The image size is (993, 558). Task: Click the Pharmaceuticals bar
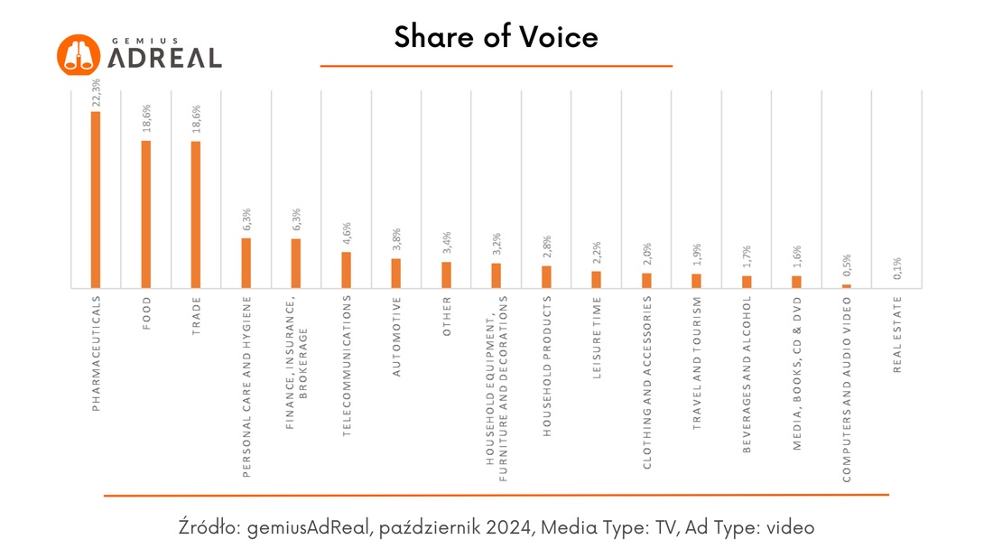pos(96,200)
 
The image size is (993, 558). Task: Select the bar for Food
pos(145,215)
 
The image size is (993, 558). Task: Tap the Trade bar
pos(196,215)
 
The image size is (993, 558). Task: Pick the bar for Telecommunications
pos(347,271)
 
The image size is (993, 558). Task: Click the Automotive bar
pos(395,274)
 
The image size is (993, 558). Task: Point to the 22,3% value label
pos(96,92)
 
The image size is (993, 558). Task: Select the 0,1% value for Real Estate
pos(897,268)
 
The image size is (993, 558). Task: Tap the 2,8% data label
pos(547,247)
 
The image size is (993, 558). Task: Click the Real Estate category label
pos(897,334)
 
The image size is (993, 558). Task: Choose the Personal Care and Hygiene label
pos(246,386)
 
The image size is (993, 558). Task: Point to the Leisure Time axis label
pos(597,338)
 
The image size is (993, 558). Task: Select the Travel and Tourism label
pos(697,363)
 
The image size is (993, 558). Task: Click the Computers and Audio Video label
pos(847,389)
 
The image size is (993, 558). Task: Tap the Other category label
pos(447,316)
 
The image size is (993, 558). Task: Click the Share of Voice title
pos(496,37)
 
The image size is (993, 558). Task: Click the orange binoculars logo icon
pos(79,55)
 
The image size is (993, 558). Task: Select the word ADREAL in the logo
pos(164,59)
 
